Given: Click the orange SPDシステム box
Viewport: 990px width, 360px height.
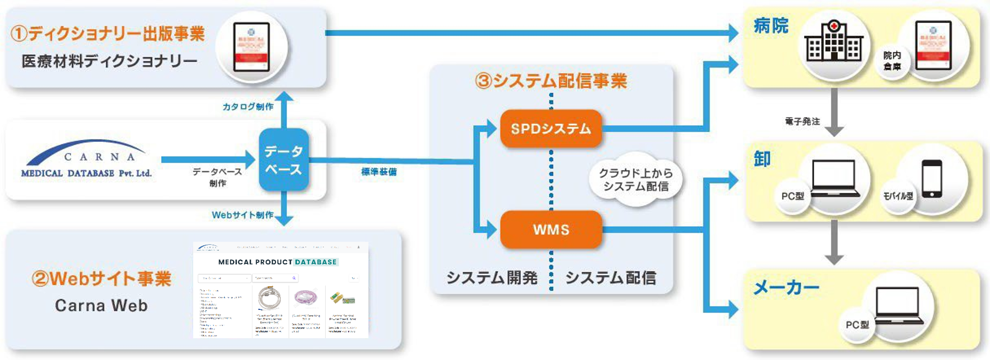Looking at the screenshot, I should tap(551, 128).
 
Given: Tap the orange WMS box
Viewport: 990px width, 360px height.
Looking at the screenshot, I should tap(551, 229).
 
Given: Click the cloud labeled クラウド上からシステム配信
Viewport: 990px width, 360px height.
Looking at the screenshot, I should tap(636, 180).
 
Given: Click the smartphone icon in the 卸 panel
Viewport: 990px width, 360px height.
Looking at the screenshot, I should tap(932, 179).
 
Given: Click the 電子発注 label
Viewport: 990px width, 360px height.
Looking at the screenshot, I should tap(802, 122).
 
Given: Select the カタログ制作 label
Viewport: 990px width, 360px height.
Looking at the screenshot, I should tap(248, 107).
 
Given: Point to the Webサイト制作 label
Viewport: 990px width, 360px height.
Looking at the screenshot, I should tap(242, 215).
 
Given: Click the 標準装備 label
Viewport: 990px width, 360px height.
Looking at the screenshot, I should tap(379, 172).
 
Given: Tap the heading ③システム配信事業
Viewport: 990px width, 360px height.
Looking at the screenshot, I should tap(551, 81).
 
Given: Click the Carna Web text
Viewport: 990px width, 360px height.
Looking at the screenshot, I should tap(101, 306).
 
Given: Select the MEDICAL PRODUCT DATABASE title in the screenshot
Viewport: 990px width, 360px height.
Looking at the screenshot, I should tap(278, 262).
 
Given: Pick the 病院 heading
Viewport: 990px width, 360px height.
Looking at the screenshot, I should tap(771, 26).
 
